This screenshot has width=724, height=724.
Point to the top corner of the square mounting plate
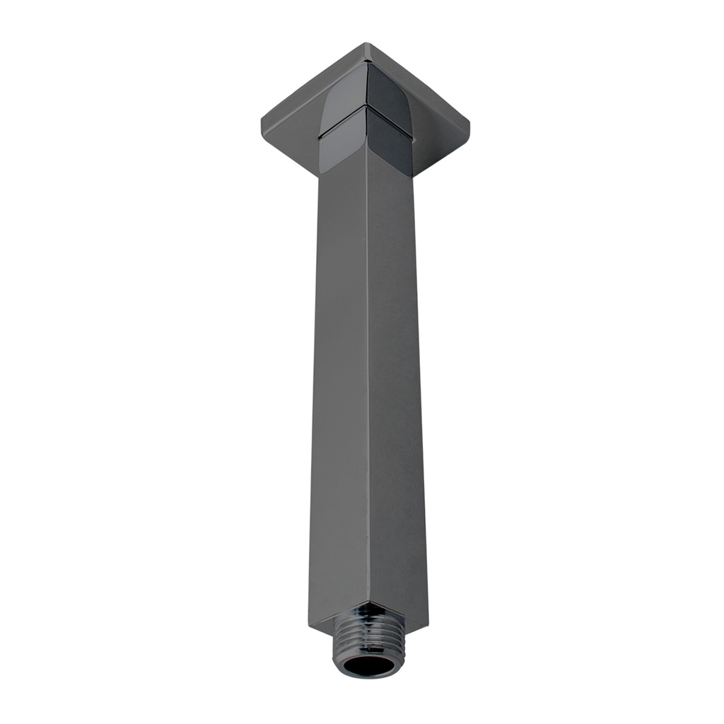pos(366,45)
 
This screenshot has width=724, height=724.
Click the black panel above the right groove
pos(389,88)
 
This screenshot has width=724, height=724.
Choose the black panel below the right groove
pos(390,145)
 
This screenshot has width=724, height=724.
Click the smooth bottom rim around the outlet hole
pos(364,675)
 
